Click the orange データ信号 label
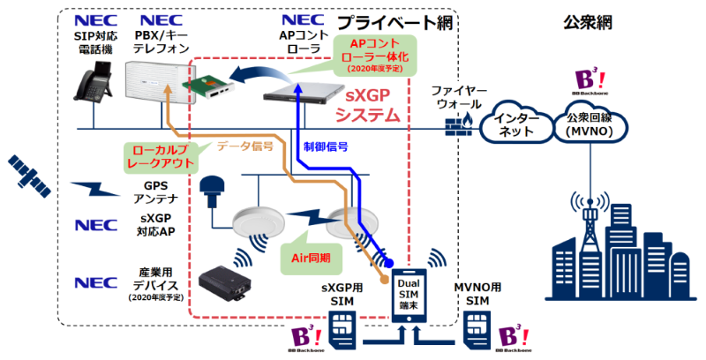[244, 146]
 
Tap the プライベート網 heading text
[395, 22]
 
